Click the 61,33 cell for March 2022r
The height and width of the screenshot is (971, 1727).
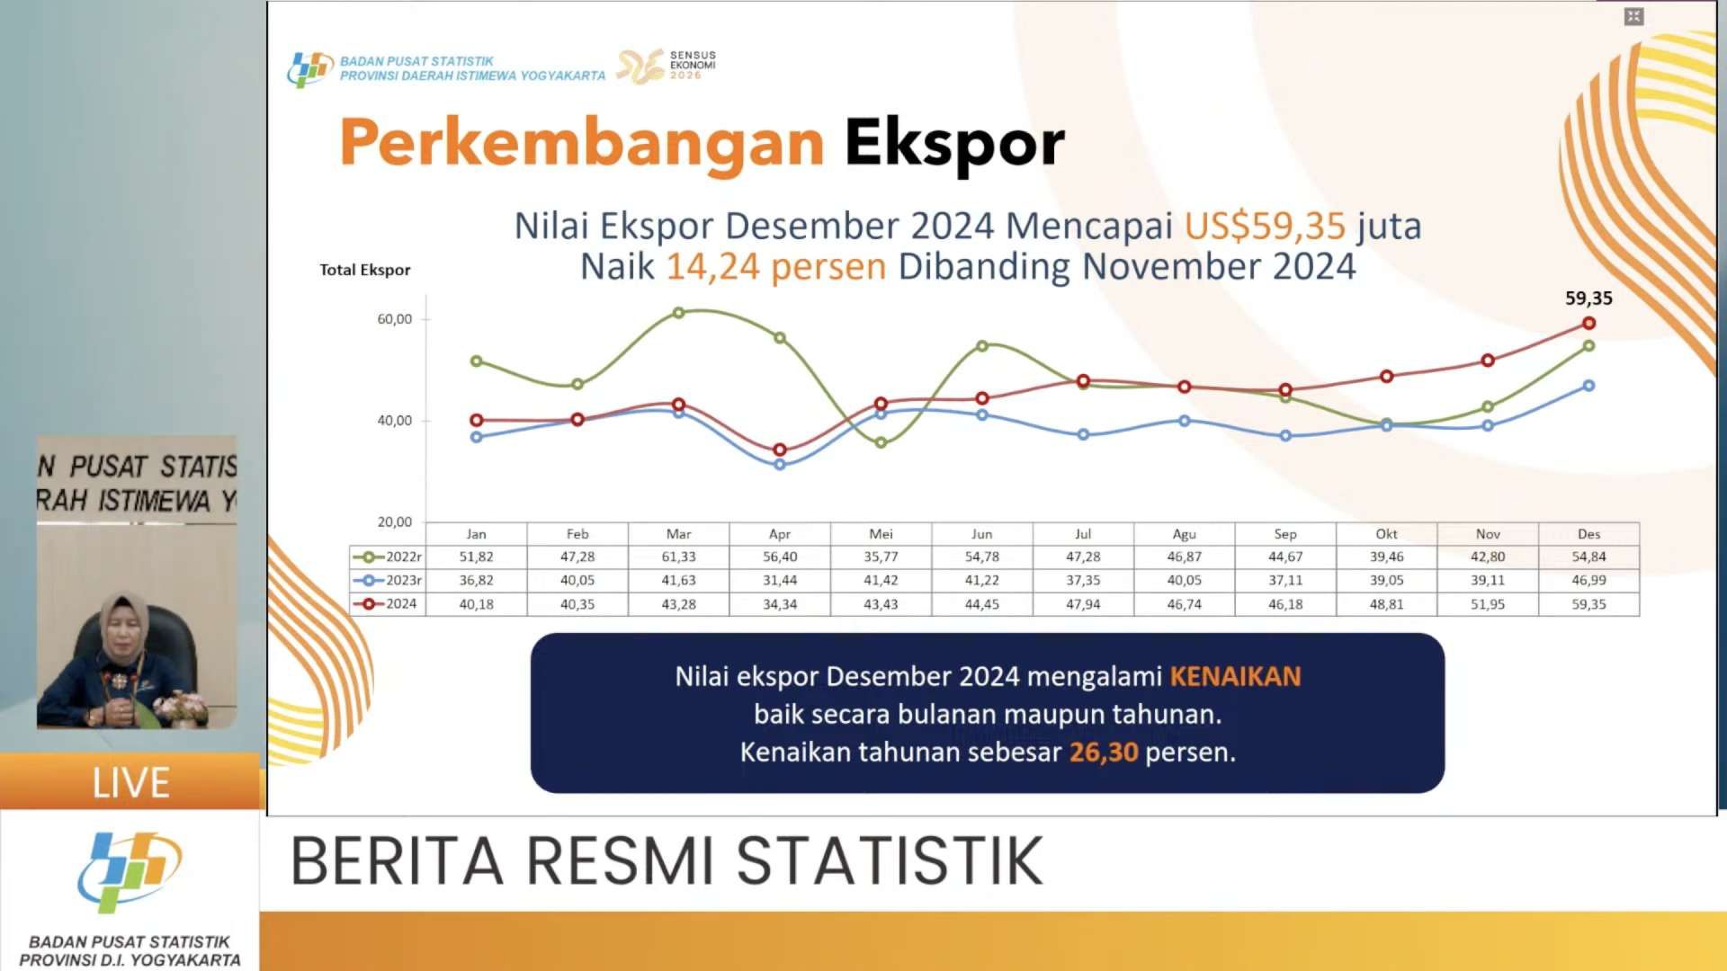pos(678,557)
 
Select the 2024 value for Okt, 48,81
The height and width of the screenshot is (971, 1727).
pos(1386,604)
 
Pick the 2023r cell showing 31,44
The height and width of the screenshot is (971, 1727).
pos(780,581)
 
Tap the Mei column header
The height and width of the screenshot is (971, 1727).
pos(881,534)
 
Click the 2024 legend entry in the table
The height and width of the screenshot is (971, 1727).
pos(386,604)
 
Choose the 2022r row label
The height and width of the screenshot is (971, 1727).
pos(388,557)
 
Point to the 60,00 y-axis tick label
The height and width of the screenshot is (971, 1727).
pos(394,319)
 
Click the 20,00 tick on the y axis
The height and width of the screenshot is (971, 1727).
pos(394,522)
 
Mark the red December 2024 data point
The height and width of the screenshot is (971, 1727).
pos(1589,323)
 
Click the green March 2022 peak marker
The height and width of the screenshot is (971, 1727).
pos(678,313)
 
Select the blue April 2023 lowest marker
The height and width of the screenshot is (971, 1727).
pos(780,465)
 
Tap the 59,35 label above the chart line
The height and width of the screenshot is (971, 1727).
pos(1588,298)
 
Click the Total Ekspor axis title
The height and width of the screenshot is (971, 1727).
pos(365,270)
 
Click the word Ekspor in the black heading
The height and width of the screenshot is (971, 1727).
pos(954,144)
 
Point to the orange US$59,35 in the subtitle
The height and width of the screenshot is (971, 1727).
pos(1265,226)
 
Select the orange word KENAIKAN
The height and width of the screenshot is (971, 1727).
pos(1235,676)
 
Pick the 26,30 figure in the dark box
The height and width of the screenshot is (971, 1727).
pos(1104,753)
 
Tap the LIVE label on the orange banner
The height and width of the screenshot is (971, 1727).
pos(131,783)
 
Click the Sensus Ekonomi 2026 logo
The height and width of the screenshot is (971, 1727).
pos(667,67)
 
